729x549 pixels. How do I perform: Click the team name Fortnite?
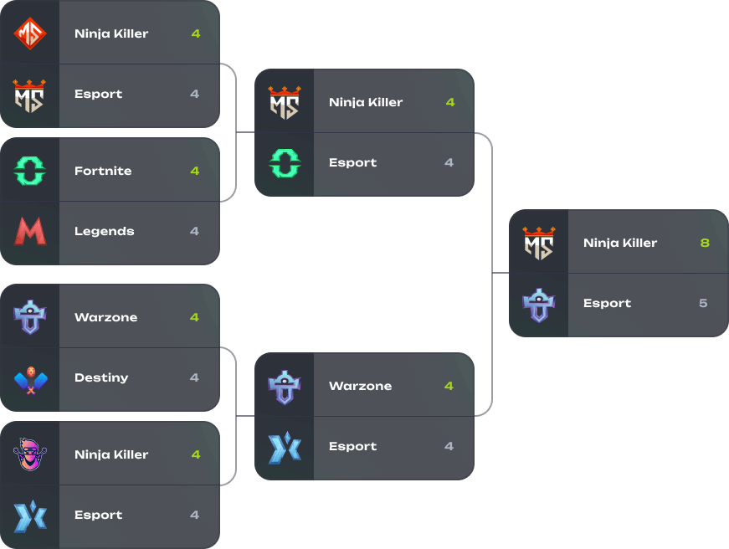103,171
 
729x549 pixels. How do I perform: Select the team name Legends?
105,231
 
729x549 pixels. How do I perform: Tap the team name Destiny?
101,377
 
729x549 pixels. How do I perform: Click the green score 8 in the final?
704,243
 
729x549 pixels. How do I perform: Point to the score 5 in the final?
703,303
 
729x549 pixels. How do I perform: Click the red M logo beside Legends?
30,231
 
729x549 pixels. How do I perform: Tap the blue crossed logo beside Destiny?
30,378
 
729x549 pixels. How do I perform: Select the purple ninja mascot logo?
30,454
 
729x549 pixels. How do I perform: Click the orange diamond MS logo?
30,33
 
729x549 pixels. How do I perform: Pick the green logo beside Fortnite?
30,171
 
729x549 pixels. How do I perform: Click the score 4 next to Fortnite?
195,171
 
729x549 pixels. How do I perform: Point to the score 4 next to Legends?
195,231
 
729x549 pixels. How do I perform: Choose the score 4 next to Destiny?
195,377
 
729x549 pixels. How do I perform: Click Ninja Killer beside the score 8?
620,243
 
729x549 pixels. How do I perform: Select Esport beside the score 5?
607,303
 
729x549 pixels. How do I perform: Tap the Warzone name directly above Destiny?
105,317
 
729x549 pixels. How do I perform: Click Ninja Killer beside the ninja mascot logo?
111,454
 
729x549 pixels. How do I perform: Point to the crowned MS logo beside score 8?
539,243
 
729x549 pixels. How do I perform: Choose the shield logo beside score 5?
539,304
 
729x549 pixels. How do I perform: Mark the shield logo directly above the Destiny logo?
30,318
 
